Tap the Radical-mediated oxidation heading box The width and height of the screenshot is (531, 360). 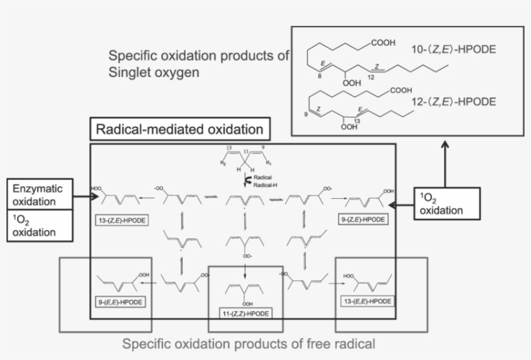[x=179, y=129]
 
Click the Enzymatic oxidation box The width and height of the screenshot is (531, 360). [x=40, y=194]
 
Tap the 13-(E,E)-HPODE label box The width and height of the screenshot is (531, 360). [x=367, y=302]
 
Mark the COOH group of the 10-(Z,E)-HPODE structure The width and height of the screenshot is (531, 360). [x=383, y=43]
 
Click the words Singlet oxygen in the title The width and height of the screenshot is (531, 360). [x=153, y=73]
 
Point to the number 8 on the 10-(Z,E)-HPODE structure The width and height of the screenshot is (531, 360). [x=319, y=76]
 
